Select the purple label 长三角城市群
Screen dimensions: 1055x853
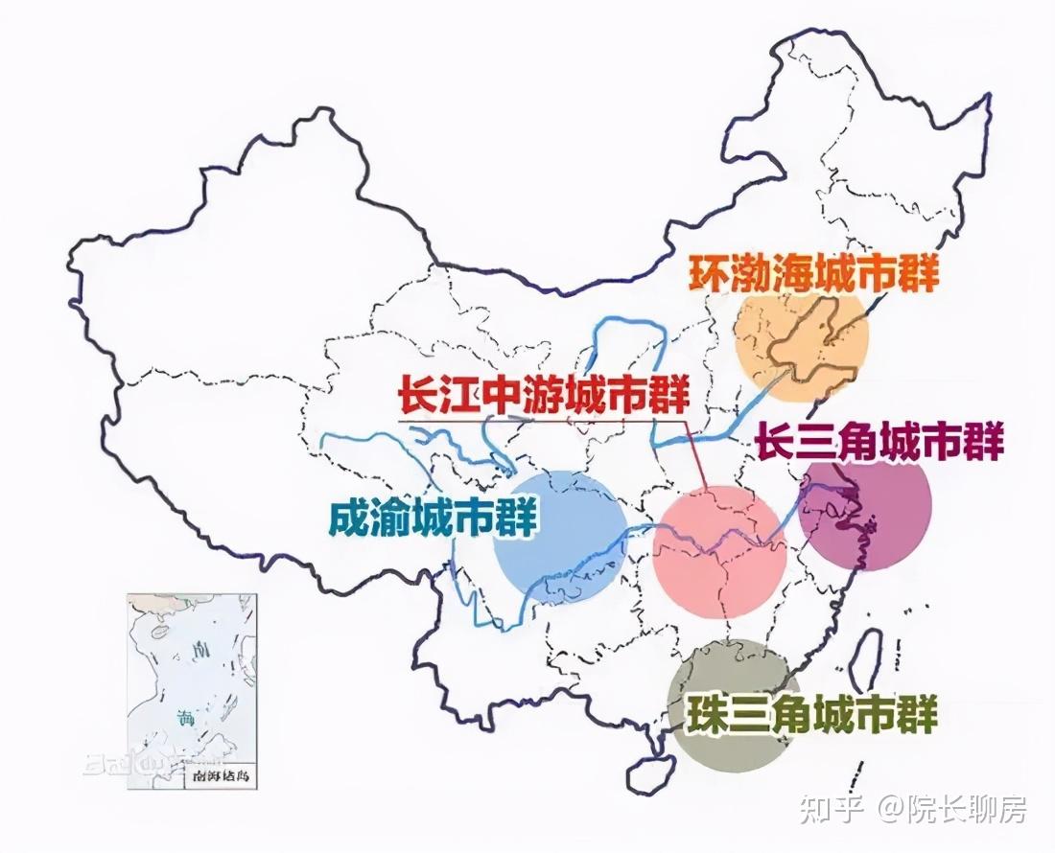pyautogui.click(x=879, y=443)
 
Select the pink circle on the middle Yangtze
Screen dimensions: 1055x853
pyautogui.click(x=719, y=556)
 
